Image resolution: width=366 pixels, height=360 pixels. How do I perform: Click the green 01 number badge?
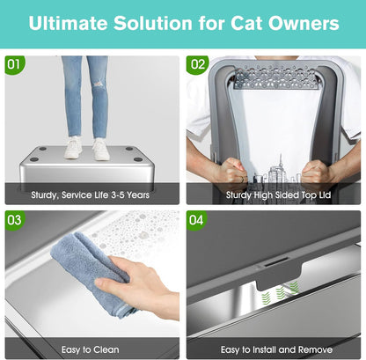14,65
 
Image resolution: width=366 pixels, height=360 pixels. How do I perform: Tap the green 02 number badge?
198,65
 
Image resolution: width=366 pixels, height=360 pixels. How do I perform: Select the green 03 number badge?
14,217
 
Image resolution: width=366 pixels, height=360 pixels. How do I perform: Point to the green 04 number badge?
198,217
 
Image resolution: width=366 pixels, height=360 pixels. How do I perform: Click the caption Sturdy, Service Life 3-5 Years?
91,194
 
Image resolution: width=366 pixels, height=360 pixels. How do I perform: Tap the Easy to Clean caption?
91,348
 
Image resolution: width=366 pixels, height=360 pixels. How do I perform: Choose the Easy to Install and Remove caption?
274,348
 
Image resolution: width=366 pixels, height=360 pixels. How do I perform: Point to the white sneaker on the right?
101,149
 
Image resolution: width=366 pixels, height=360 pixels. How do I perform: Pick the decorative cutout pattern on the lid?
274,78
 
